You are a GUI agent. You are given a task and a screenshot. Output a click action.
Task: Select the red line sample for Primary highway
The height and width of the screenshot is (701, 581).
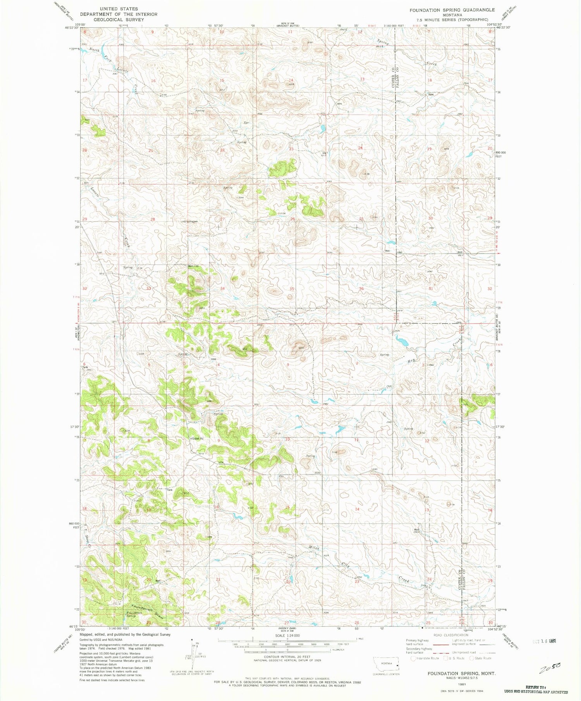click(442, 642)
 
